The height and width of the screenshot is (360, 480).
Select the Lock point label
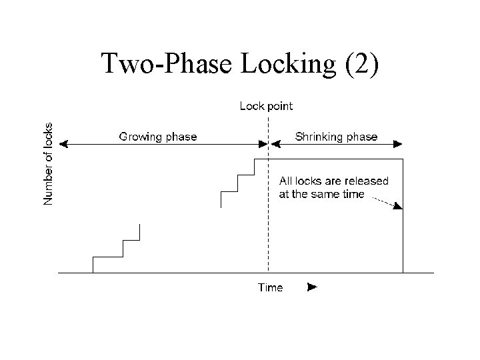coord(265,105)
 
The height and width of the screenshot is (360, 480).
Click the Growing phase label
coord(158,137)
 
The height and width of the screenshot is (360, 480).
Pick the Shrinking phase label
coord(336,137)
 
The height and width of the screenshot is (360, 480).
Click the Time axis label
coord(270,287)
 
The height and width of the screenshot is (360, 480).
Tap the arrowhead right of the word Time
coord(311,287)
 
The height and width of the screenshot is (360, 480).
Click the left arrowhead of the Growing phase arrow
coord(64,143)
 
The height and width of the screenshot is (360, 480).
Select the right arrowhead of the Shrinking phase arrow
coord(398,143)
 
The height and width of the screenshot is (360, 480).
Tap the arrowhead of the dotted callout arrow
coord(398,206)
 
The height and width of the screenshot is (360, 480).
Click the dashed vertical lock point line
coord(268,220)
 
